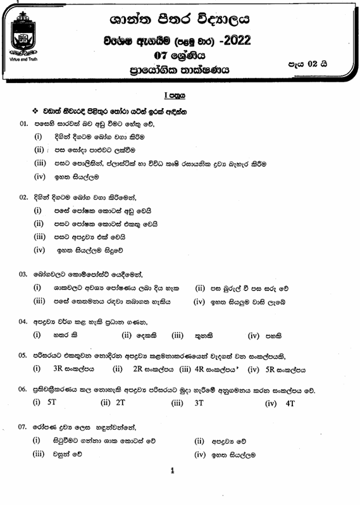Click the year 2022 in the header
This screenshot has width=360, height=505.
235,41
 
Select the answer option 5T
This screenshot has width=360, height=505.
52,402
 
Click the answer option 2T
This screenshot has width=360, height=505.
120,402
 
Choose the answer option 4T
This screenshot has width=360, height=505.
290,402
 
